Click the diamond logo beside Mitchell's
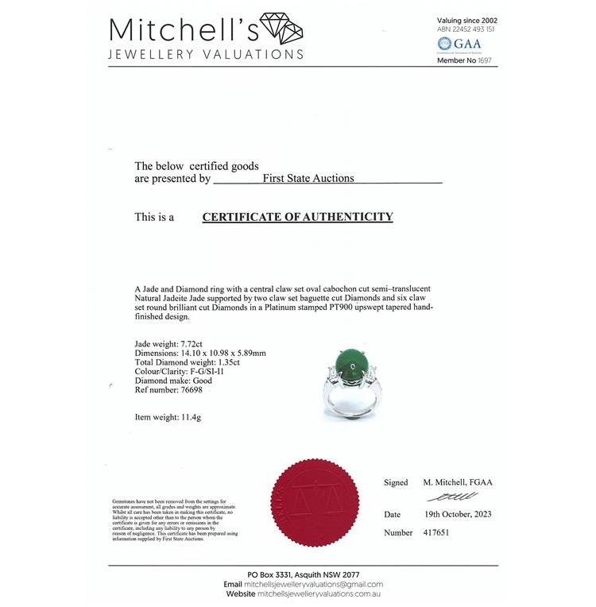[x=281, y=29]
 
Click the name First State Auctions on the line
[x=308, y=179]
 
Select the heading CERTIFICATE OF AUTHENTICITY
[x=297, y=217]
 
